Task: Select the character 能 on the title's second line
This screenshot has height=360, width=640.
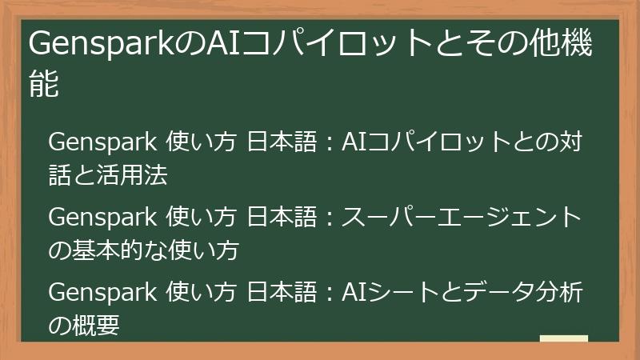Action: tap(44, 84)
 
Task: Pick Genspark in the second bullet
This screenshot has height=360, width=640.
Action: tap(102, 218)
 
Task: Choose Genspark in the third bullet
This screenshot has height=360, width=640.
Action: tap(102, 293)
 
